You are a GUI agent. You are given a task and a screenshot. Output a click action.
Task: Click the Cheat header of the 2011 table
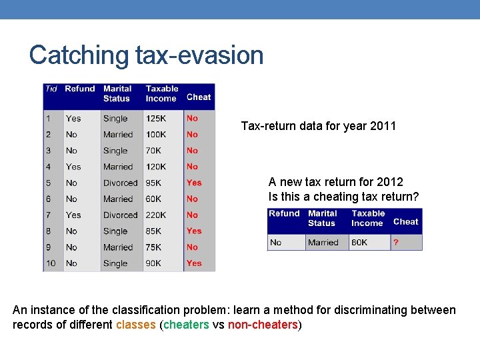pyautogui.click(x=199, y=97)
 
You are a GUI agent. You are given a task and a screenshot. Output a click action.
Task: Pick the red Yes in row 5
pyautogui.click(x=194, y=183)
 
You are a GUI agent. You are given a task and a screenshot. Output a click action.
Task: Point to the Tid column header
pyautogui.click(x=51, y=89)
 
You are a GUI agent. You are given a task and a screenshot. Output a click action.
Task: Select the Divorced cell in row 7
pyautogui.click(x=120, y=215)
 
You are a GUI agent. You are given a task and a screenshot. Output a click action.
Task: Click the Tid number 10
pyautogui.click(x=51, y=263)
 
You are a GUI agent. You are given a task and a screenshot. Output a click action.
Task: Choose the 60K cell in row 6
pyautogui.click(x=153, y=199)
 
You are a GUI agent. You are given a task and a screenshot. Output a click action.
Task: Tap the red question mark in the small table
pyautogui.click(x=396, y=243)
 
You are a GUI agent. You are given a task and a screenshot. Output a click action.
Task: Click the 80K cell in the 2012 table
pyautogui.click(x=359, y=243)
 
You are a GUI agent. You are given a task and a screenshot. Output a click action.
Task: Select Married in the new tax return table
pyautogui.click(x=323, y=243)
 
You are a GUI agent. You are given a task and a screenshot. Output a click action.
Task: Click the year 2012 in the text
pyautogui.click(x=390, y=182)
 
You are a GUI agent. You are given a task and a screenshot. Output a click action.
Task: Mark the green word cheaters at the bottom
pyautogui.click(x=186, y=325)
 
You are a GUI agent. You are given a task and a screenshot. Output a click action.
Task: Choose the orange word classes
pyautogui.click(x=136, y=325)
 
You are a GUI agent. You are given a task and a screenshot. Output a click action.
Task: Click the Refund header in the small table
pyautogui.click(x=284, y=213)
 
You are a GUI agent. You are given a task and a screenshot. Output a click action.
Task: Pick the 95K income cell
pyautogui.click(x=153, y=183)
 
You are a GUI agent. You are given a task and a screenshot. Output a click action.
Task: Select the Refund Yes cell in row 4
pyautogui.click(x=73, y=167)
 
